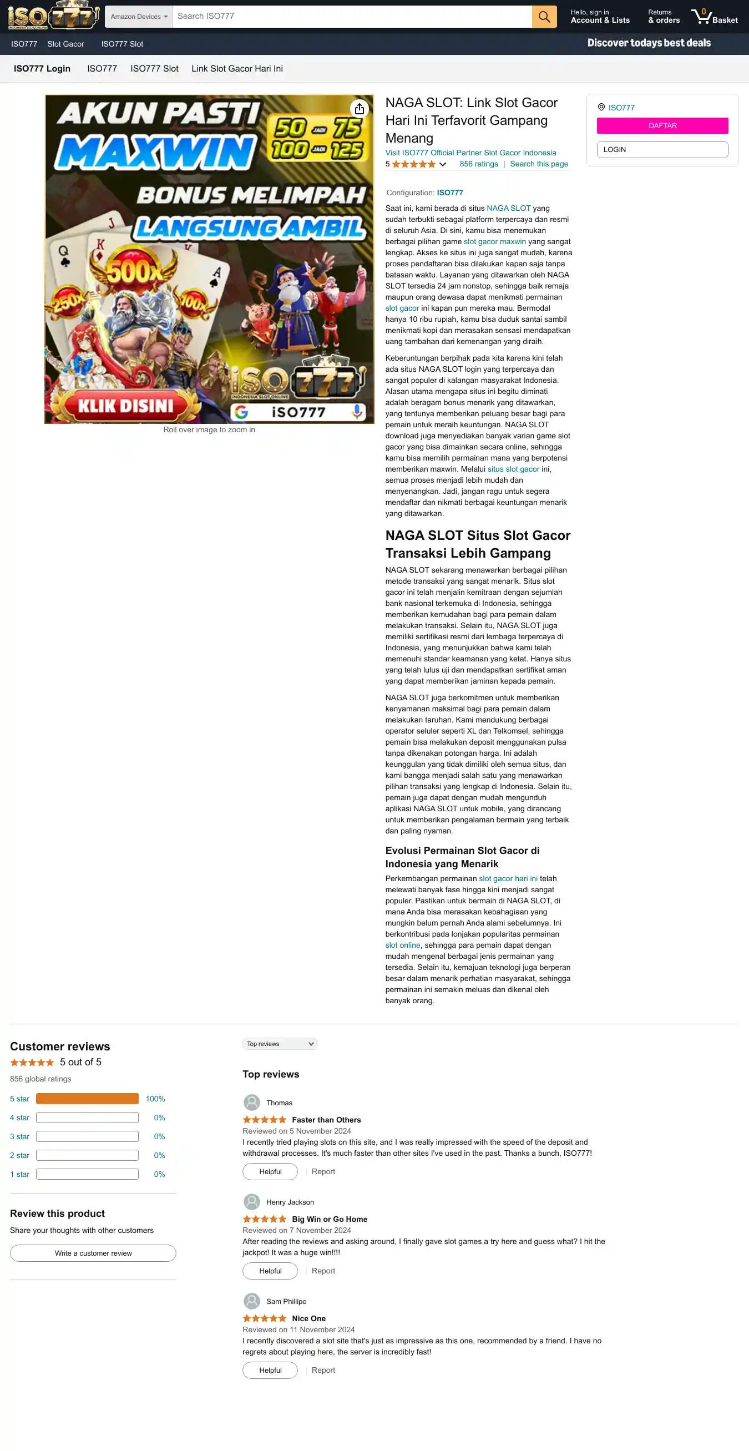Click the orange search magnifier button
544,16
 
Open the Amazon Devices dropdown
139,16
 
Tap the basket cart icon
702,16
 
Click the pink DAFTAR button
662,125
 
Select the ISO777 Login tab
42,69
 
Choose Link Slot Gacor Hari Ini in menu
236,69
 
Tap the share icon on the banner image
360,109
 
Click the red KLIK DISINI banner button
125,406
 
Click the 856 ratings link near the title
478,164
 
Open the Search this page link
538,164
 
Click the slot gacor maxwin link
494,241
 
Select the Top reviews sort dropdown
279,1044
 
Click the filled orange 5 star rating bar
87,1099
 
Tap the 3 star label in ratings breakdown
20,1136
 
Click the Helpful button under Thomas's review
270,1171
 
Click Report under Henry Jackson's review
323,1270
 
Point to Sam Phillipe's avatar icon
252,1301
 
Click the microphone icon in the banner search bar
357,412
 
